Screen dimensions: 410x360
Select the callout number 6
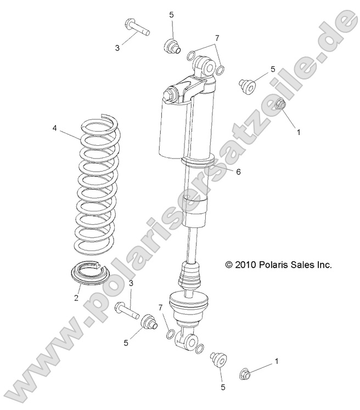coord(238,172)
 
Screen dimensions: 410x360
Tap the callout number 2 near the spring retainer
coord(77,298)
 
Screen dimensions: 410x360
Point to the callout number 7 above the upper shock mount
coord(217,38)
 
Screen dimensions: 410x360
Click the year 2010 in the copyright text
coord(246,264)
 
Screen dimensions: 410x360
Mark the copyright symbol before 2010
coord(229,265)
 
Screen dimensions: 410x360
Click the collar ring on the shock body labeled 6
coord(196,162)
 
